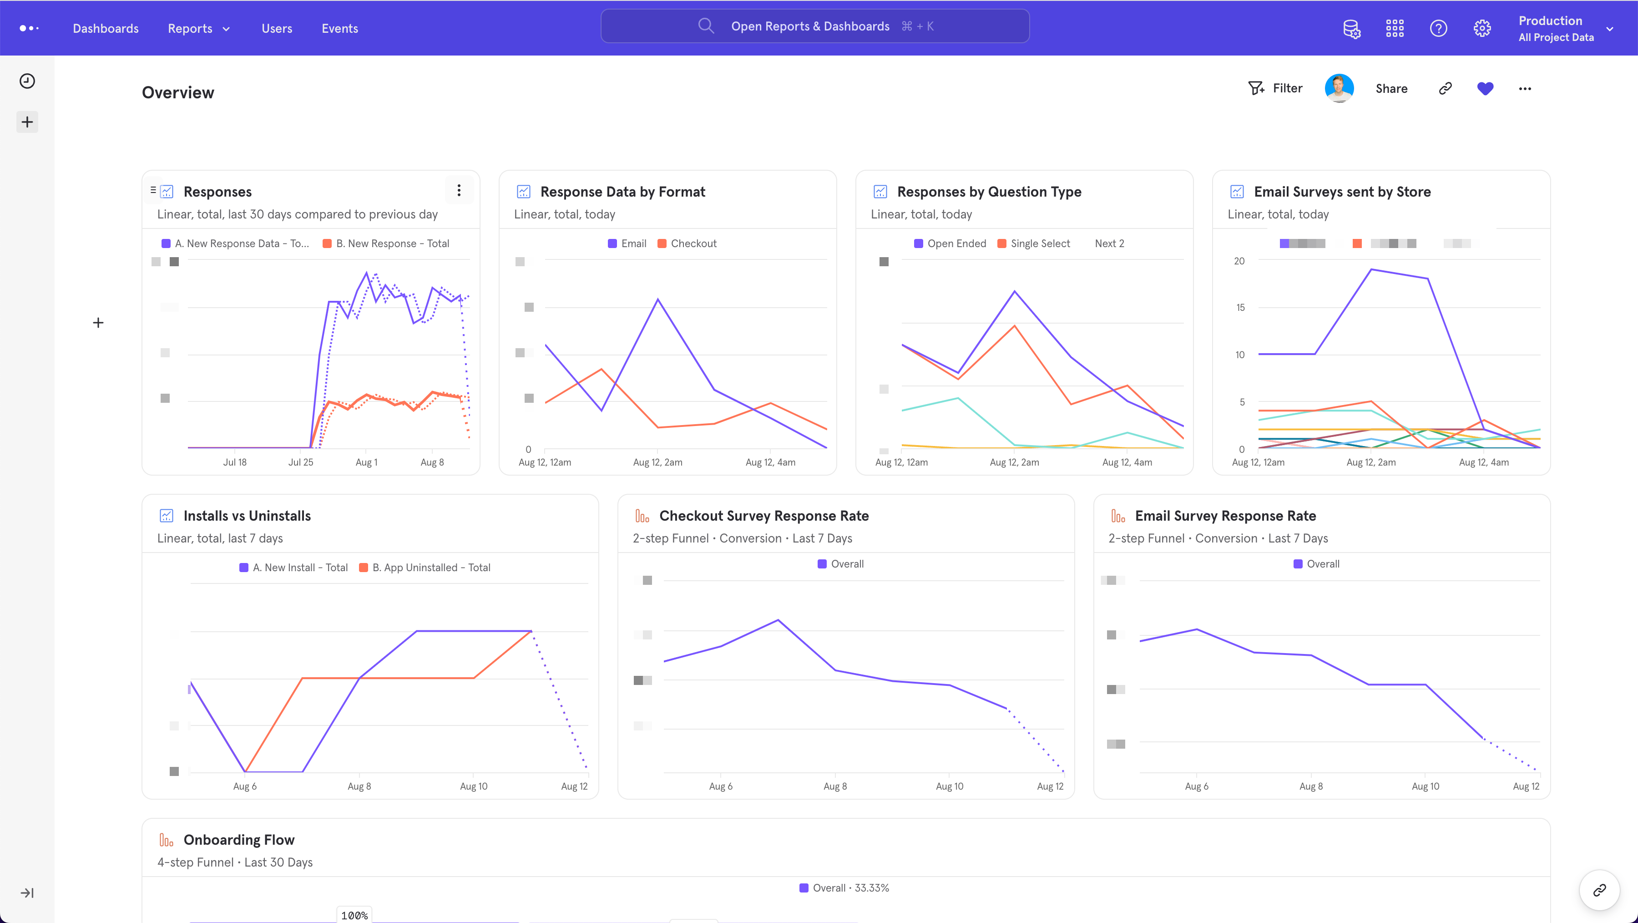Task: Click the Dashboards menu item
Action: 106,28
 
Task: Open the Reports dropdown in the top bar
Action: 198,28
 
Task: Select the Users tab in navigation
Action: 277,28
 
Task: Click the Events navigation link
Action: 339,28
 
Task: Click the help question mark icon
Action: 1438,28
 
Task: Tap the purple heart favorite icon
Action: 1485,88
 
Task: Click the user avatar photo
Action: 1339,88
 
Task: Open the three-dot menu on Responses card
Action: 459,190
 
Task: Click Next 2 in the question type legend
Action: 1109,243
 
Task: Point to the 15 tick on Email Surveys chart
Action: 1240,307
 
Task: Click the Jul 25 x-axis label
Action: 300,462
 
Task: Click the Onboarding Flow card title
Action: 238,840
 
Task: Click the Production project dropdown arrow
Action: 1609,29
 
